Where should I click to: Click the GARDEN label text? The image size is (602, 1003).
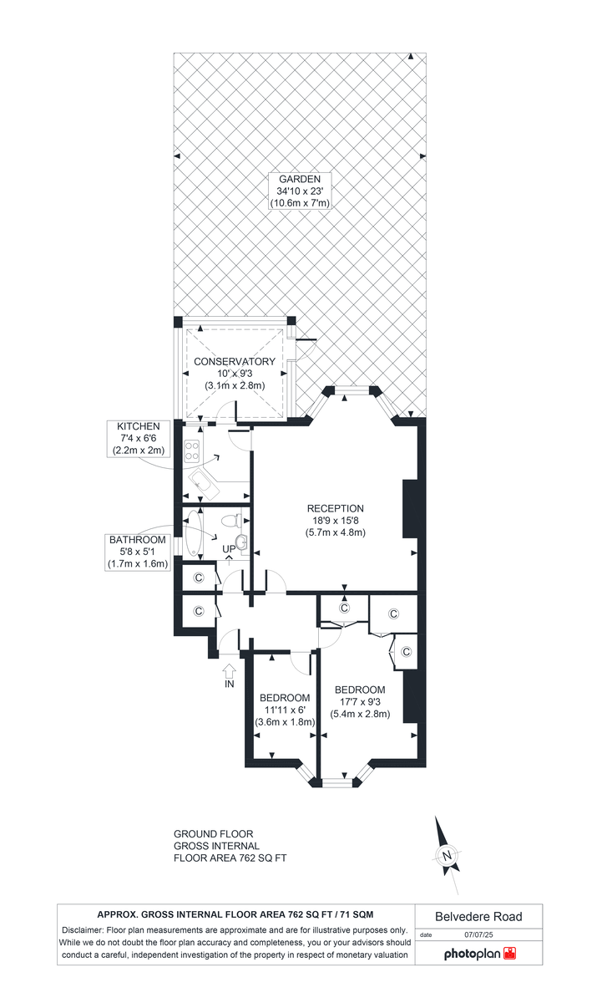[295, 178]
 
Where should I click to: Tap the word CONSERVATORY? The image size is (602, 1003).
[235, 362]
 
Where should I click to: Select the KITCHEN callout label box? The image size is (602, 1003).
[139, 439]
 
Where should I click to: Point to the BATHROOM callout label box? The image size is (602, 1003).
[139, 552]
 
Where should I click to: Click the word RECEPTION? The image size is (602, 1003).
[336, 508]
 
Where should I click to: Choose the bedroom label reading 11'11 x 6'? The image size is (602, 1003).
[285, 710]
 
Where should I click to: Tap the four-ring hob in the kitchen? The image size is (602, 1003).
[190, 451]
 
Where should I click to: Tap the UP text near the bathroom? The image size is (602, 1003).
[229, 549]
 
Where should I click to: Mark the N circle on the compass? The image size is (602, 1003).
[448, 855]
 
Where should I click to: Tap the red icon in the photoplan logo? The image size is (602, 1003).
[510, 953]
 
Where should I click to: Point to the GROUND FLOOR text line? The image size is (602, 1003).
[213, 834]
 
